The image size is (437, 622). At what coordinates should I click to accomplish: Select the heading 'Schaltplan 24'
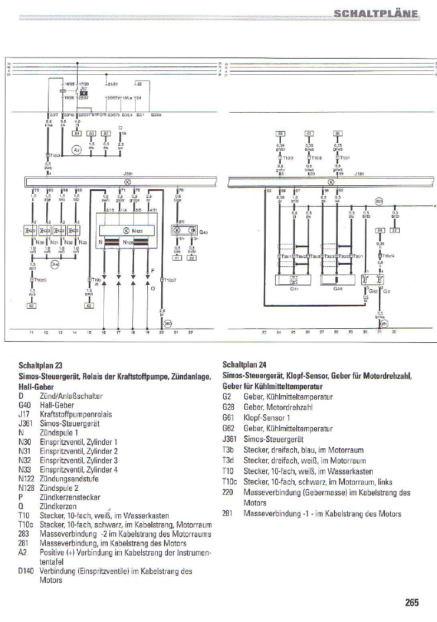[244, 367]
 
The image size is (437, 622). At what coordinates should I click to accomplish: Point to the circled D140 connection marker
[55, 264]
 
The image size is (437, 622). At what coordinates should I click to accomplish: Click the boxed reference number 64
[78, 133]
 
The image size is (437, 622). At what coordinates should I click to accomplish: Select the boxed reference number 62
[33, 305]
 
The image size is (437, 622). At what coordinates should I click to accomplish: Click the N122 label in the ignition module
[136, 231]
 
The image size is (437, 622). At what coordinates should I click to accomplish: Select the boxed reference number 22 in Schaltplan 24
[395, 229]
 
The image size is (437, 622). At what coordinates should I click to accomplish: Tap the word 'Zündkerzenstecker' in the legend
[70, 497]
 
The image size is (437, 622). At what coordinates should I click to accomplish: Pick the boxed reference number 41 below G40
[176, 258]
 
